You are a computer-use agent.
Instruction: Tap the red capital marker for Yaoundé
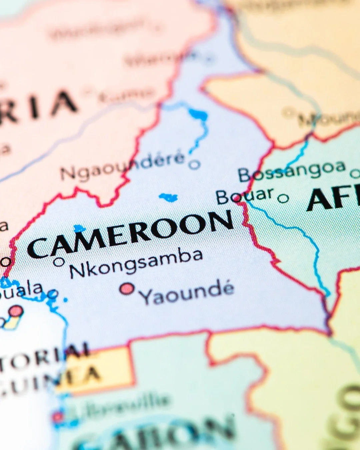point(127,289)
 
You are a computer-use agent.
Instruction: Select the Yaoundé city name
point(187,293)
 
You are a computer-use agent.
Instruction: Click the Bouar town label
point(245,196)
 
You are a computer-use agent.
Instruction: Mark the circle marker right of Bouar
point(283,199)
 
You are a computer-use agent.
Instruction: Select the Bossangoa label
point(292,171)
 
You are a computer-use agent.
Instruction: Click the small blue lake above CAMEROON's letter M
point(79,228)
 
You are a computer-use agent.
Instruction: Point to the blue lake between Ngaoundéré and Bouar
point(169,197)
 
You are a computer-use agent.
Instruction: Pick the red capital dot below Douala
point(16,311)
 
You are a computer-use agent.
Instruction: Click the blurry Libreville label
point(120,405)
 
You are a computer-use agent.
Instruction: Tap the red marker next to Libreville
point(57,417)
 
